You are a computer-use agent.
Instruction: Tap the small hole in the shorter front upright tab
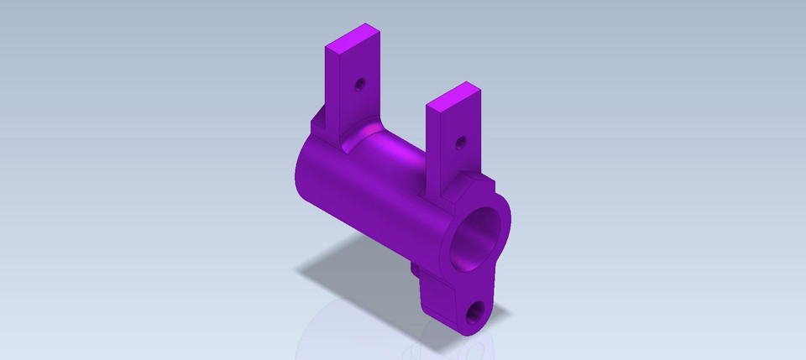pyautogui.click(x=459, y=143)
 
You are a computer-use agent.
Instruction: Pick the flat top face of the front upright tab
pyautogui.click(x=453, y=97)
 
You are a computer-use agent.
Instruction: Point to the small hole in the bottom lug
pyautogui.click(x=474, y=316)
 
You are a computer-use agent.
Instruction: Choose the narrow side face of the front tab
pyautogui.click(x=435, y=151)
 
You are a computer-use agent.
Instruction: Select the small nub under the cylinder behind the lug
pyautogui.click(x=415, y=270)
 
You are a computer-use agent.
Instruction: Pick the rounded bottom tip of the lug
pyautogui.click(x=479, y=329)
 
